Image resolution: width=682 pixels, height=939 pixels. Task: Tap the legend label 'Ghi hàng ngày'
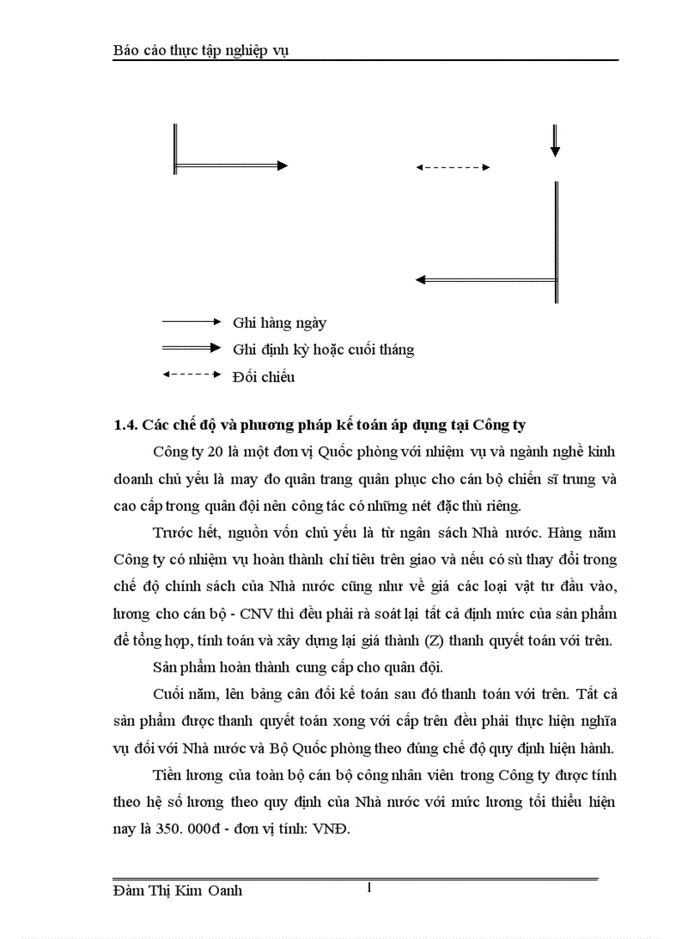click(x=279, y=323)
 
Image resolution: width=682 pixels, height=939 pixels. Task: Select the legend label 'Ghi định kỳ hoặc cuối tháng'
click(x=323, y=350)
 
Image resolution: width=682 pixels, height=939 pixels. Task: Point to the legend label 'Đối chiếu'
click(x=263, y=377)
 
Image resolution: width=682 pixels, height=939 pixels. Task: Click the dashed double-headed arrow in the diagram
click(x=452, y=167)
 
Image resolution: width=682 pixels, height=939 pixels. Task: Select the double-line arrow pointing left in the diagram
click(x=486, y=279)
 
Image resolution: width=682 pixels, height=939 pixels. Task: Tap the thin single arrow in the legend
click(x=191, y=321)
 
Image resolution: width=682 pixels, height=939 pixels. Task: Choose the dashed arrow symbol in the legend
click(x=191, y=375)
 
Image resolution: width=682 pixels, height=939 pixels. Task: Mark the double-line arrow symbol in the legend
click(x=191, y=348)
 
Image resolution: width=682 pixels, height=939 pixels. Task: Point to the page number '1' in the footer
click(x=369, y=888)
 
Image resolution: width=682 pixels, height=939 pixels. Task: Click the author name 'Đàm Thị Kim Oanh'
click(x=177, y=891)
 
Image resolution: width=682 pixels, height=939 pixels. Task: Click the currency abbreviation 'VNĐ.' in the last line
click(x=342, y=829)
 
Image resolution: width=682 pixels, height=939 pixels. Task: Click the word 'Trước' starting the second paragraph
click(x=173, y=533)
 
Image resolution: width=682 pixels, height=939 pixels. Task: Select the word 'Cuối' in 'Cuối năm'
click(x=170, y=694)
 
